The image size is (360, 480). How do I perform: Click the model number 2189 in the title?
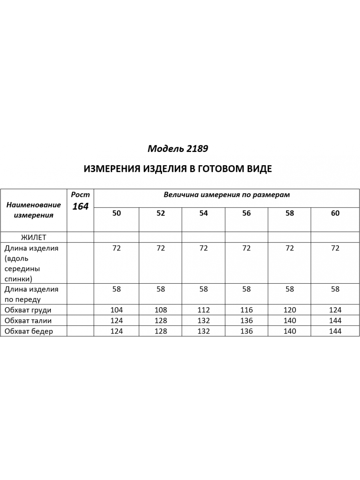[x=197, y=149]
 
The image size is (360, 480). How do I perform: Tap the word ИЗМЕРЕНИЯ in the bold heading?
[x=111, y=169]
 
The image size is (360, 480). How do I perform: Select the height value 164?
[x=80, y=206]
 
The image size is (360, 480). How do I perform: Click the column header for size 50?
[x=116, y=213]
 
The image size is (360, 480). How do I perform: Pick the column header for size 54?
[x=204, y=213]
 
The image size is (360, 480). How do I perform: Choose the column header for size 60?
[x=335, y=213]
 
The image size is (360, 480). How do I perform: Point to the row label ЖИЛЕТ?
[x=33, y=237]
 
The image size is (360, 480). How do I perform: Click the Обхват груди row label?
[x=28, y=310]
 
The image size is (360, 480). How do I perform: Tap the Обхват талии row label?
[x=28, y=320]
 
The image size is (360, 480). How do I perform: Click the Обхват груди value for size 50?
[x=116, y=310]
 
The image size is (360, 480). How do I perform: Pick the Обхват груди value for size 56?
[x=246, y=310]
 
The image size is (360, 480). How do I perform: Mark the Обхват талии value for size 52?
[x=160, y=320]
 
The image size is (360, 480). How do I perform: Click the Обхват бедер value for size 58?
[x=290, y=331]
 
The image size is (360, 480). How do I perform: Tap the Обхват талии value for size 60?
[x=335, y=320]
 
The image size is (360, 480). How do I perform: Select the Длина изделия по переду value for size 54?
[x=204, y=289]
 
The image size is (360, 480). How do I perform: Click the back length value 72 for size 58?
[x=290, y=248]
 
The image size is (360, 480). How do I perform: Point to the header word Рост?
[x=80, y=195]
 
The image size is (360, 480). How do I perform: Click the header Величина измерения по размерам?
[x=227, y=195]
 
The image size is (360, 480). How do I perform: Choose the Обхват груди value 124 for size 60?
[x=335, y=310]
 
